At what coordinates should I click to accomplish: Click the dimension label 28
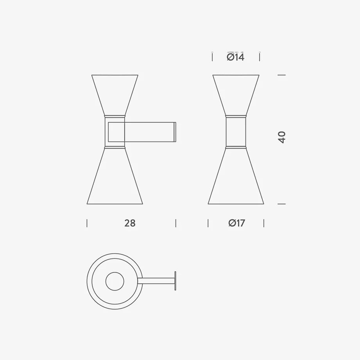130,223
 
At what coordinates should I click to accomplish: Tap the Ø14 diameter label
236,57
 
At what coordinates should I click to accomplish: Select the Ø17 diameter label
237,223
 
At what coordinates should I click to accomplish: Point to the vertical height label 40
282,137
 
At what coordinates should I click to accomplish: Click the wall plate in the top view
176,281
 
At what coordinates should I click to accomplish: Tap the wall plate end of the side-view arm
175,132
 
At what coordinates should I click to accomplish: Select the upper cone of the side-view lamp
115,95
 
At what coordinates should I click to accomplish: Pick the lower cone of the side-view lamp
115,176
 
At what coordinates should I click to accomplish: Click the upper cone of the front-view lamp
236,95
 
